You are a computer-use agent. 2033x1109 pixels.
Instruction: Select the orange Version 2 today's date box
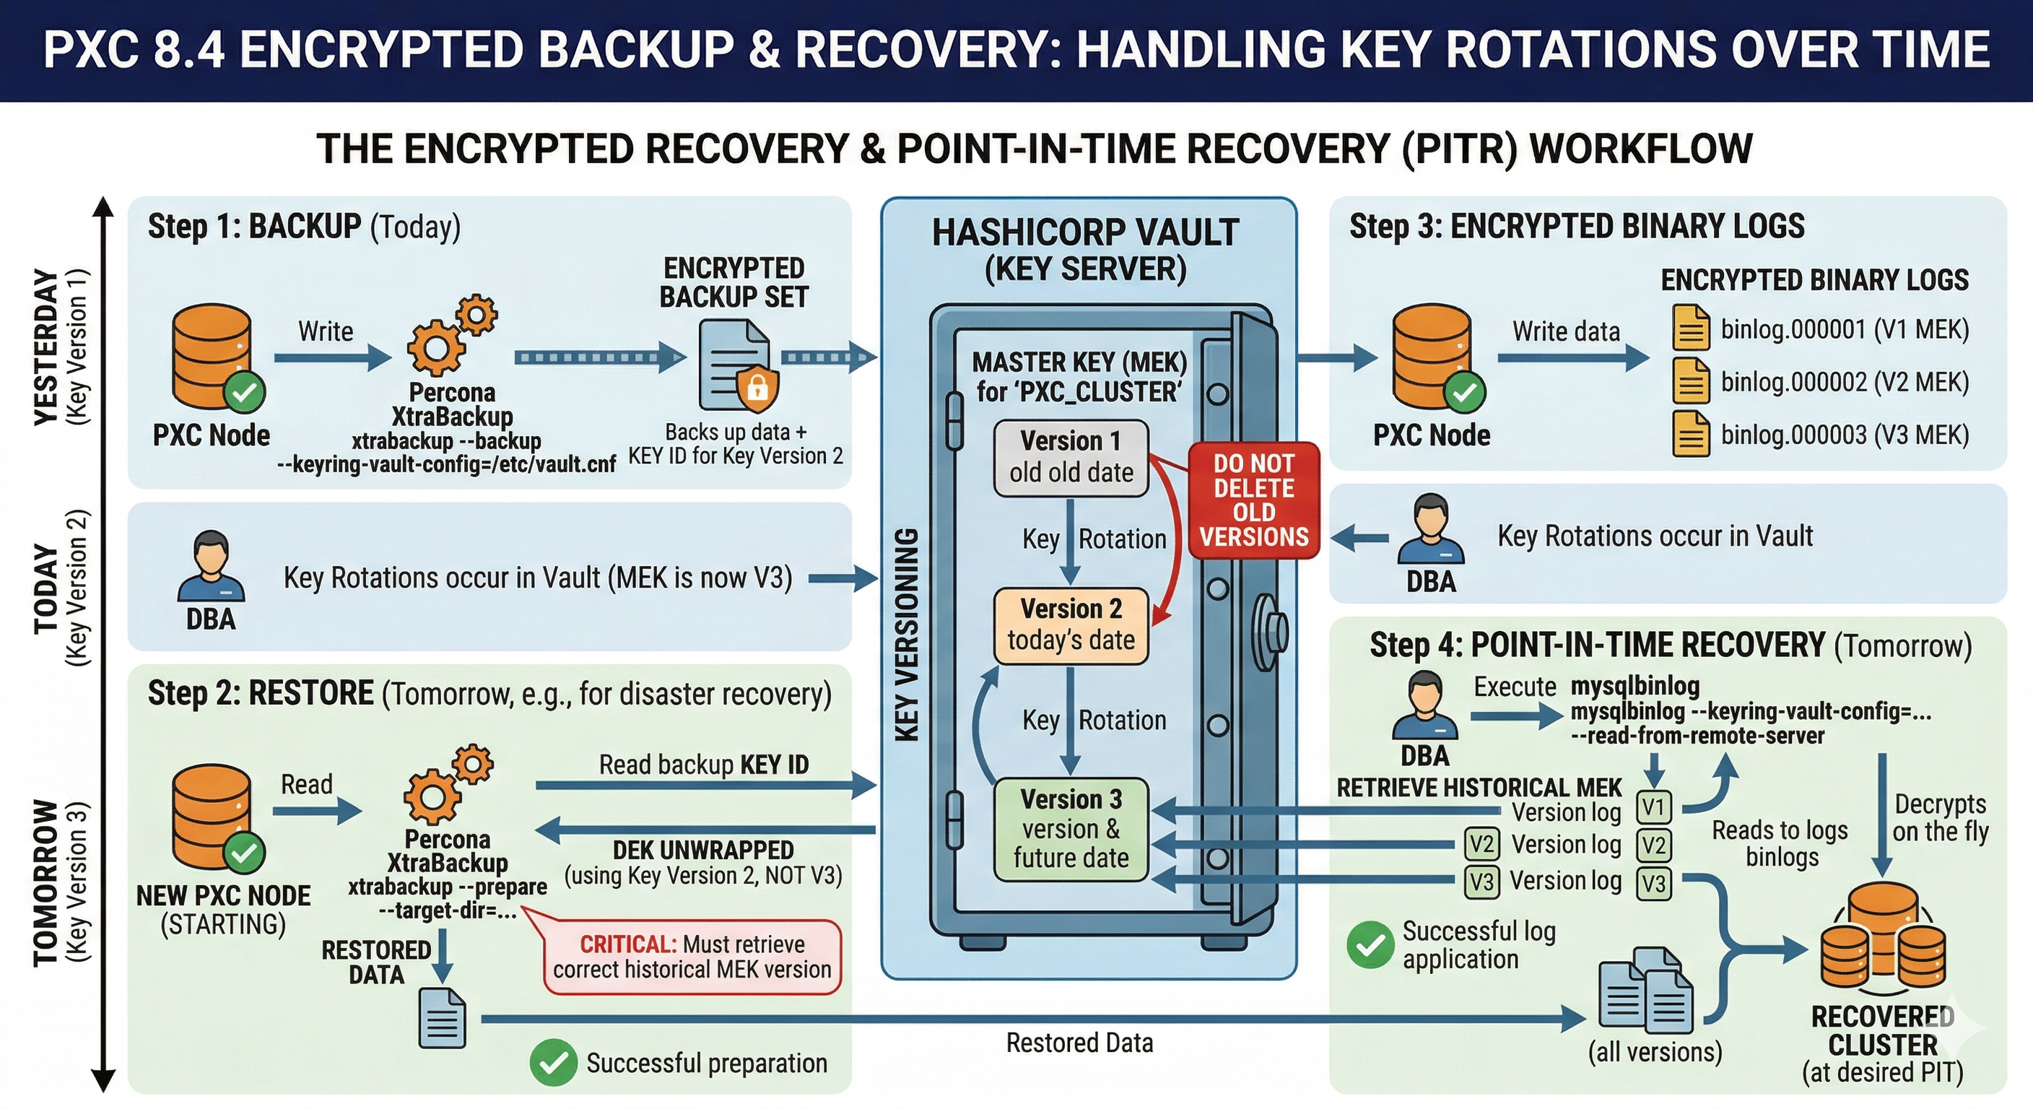point(1070,625)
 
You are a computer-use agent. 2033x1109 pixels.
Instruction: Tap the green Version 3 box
point(1070,829)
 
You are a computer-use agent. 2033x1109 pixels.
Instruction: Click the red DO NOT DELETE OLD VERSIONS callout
point(1253,500)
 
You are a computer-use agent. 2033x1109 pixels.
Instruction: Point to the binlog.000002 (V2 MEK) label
point(1845,382)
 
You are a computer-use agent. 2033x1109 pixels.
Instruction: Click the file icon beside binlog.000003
point(1691,434)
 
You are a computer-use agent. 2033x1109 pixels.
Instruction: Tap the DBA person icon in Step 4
point(1424,705)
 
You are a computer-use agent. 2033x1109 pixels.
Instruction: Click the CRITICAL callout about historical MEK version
point(692,957)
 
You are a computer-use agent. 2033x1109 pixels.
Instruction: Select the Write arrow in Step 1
point(331,357)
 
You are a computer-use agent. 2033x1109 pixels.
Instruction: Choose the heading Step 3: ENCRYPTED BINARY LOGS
point(1576,227)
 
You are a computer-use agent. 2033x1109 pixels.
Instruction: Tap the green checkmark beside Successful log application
point(1370,945)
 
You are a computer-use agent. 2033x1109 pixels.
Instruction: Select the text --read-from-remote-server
point(1697,736)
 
